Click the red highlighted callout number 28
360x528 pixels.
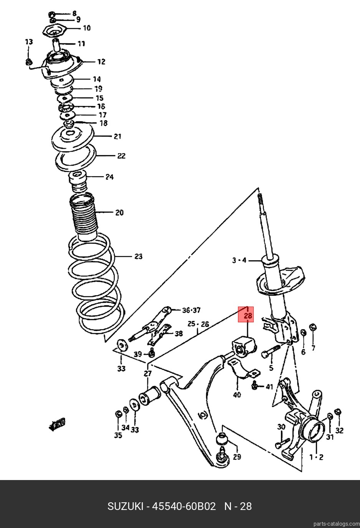(x=248, y=316)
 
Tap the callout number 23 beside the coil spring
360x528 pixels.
(x=139, y=256)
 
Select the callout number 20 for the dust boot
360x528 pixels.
(x=119, y=213)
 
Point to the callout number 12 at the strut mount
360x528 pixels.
(x=101, y=62)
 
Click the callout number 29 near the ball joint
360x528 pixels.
(x=237, y=457)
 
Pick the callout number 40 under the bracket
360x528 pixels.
(x=237, y=394)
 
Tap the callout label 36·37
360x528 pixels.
(x=191, y=310)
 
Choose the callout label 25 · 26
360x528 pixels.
(x=198, y=324)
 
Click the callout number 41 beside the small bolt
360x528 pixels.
(x=269, y=387)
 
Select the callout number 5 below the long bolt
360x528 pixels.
(x=271, y=368)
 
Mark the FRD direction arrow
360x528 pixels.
(x=57, y=424)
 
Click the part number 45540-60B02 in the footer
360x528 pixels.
(x=184, y=506)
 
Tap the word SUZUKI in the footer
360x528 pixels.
(x=126, y=506)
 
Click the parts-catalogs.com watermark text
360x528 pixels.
(x=337, y=524)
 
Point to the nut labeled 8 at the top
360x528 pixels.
(x=52, y=14)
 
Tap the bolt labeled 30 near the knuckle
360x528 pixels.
(x=282, y=443)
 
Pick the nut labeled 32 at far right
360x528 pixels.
(x=338, y=412)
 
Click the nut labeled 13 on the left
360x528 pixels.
(x=29, y=63)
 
